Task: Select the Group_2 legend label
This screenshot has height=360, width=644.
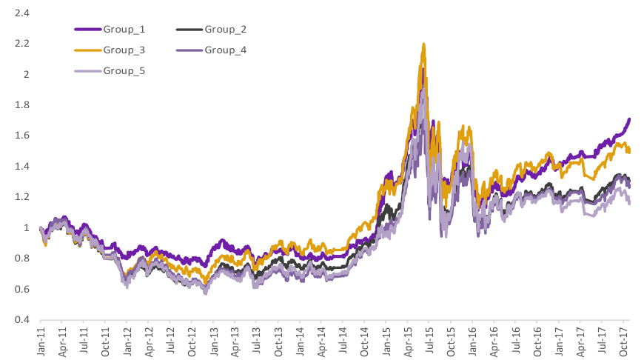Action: pyautogui.click(x=225, y=30)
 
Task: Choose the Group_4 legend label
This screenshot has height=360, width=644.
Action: pyautogui.click(x=225, y=50)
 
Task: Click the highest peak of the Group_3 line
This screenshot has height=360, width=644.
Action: pyautogui.click(x=423, y=44)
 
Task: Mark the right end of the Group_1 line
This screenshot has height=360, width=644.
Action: pyautogui.click(x=629, y=119)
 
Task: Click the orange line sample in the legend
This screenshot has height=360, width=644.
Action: pyautogui.click(x=87, y=50)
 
